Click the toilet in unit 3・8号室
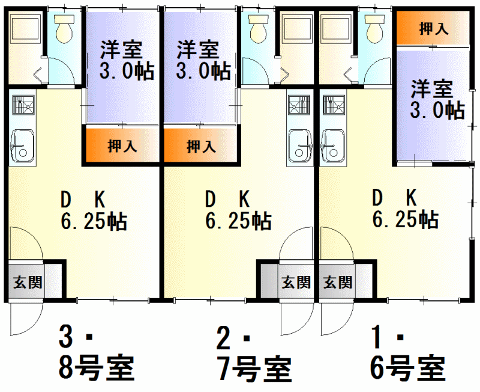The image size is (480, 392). point(64,28)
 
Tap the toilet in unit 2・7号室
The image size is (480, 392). point(259,28)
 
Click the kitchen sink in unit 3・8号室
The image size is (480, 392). point(22,145)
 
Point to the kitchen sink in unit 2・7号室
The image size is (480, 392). point(301,145)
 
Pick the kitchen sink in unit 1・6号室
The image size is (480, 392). point(334,145)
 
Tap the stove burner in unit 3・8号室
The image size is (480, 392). point(23,105)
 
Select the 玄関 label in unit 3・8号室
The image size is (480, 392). point(28,282)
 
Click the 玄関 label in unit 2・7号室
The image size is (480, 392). point(296,282)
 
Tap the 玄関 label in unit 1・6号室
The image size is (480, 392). point(338,282)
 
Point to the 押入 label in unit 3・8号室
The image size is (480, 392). point(122,145)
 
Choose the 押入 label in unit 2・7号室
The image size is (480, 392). point(201,145)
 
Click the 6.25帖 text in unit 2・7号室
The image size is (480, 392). point(238,220)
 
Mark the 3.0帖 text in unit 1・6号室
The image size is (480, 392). point(437,110)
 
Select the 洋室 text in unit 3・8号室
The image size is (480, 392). point(122,50)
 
